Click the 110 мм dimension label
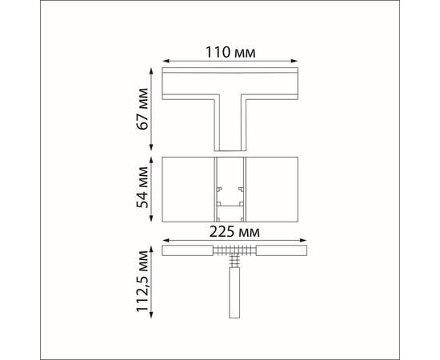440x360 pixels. [230, 52]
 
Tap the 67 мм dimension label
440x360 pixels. [142, 109]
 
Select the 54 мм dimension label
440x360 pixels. [142, 187]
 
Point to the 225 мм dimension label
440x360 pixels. [234, 232]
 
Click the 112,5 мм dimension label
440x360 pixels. [142, 281]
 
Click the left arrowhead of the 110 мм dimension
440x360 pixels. [166, 61]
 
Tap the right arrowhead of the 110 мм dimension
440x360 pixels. [294, 61]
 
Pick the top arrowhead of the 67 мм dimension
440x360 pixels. [151, 70]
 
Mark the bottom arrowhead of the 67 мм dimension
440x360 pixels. [151, 147]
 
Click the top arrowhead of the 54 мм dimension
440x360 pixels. [151, 160]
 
